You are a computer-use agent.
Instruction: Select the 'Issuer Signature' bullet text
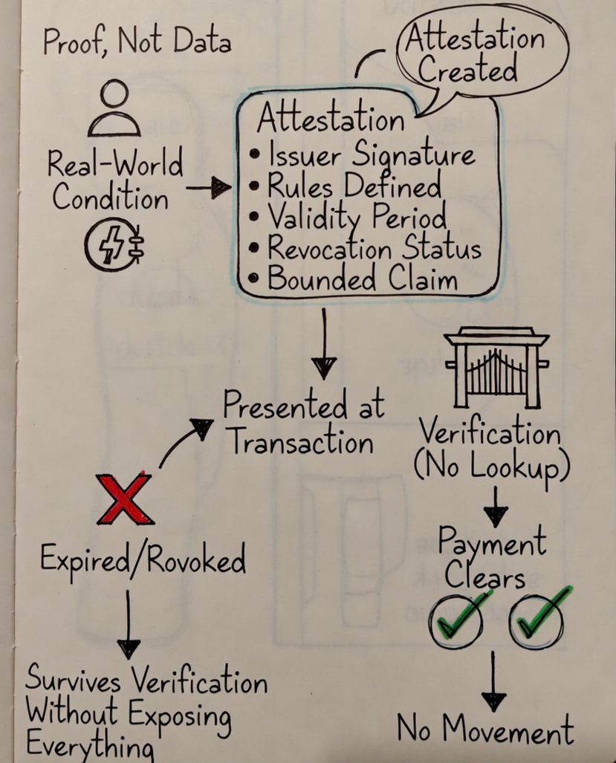click(x=369, y=155)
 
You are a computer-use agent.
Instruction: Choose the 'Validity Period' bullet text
click(x=357, y=217)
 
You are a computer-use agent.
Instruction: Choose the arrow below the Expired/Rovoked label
click(x=128, y=625)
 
